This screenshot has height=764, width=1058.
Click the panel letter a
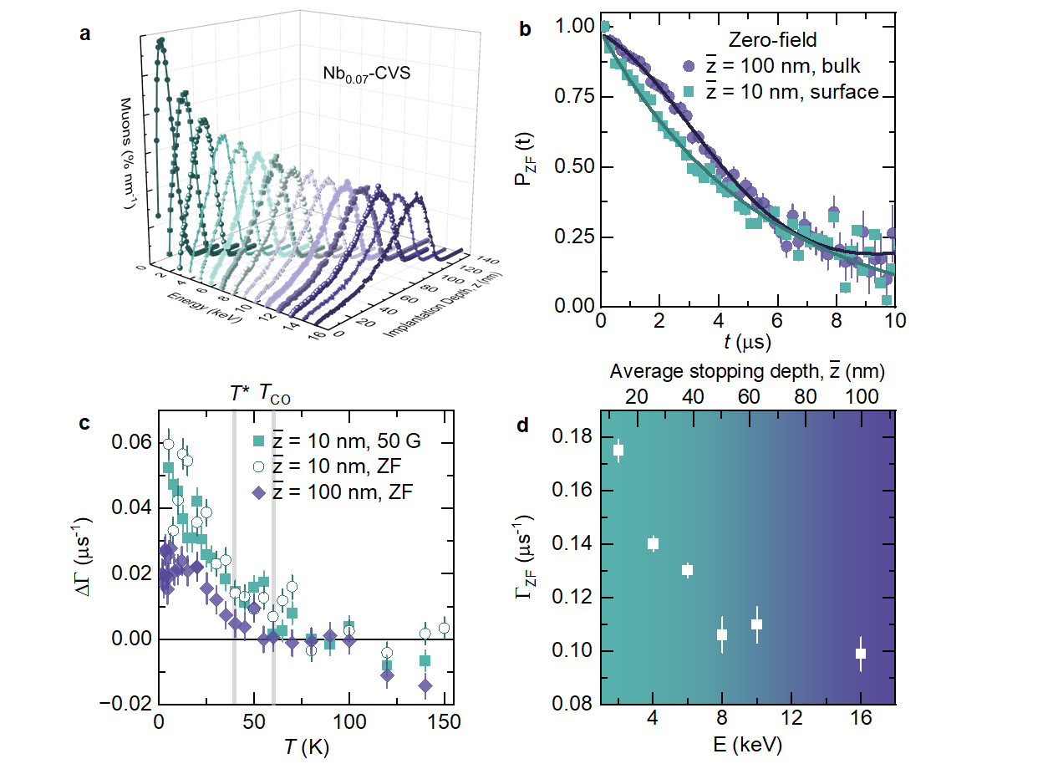point(84,34)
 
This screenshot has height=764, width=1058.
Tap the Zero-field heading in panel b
point(769,39)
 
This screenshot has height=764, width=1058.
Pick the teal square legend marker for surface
point(688,92)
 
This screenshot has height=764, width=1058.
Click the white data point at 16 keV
point(861,654)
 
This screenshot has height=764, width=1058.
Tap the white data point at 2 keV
point(618,450)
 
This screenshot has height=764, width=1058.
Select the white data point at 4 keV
point(654,543)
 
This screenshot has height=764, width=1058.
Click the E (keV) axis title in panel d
point(748,743)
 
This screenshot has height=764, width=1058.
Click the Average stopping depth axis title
point(747,371)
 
